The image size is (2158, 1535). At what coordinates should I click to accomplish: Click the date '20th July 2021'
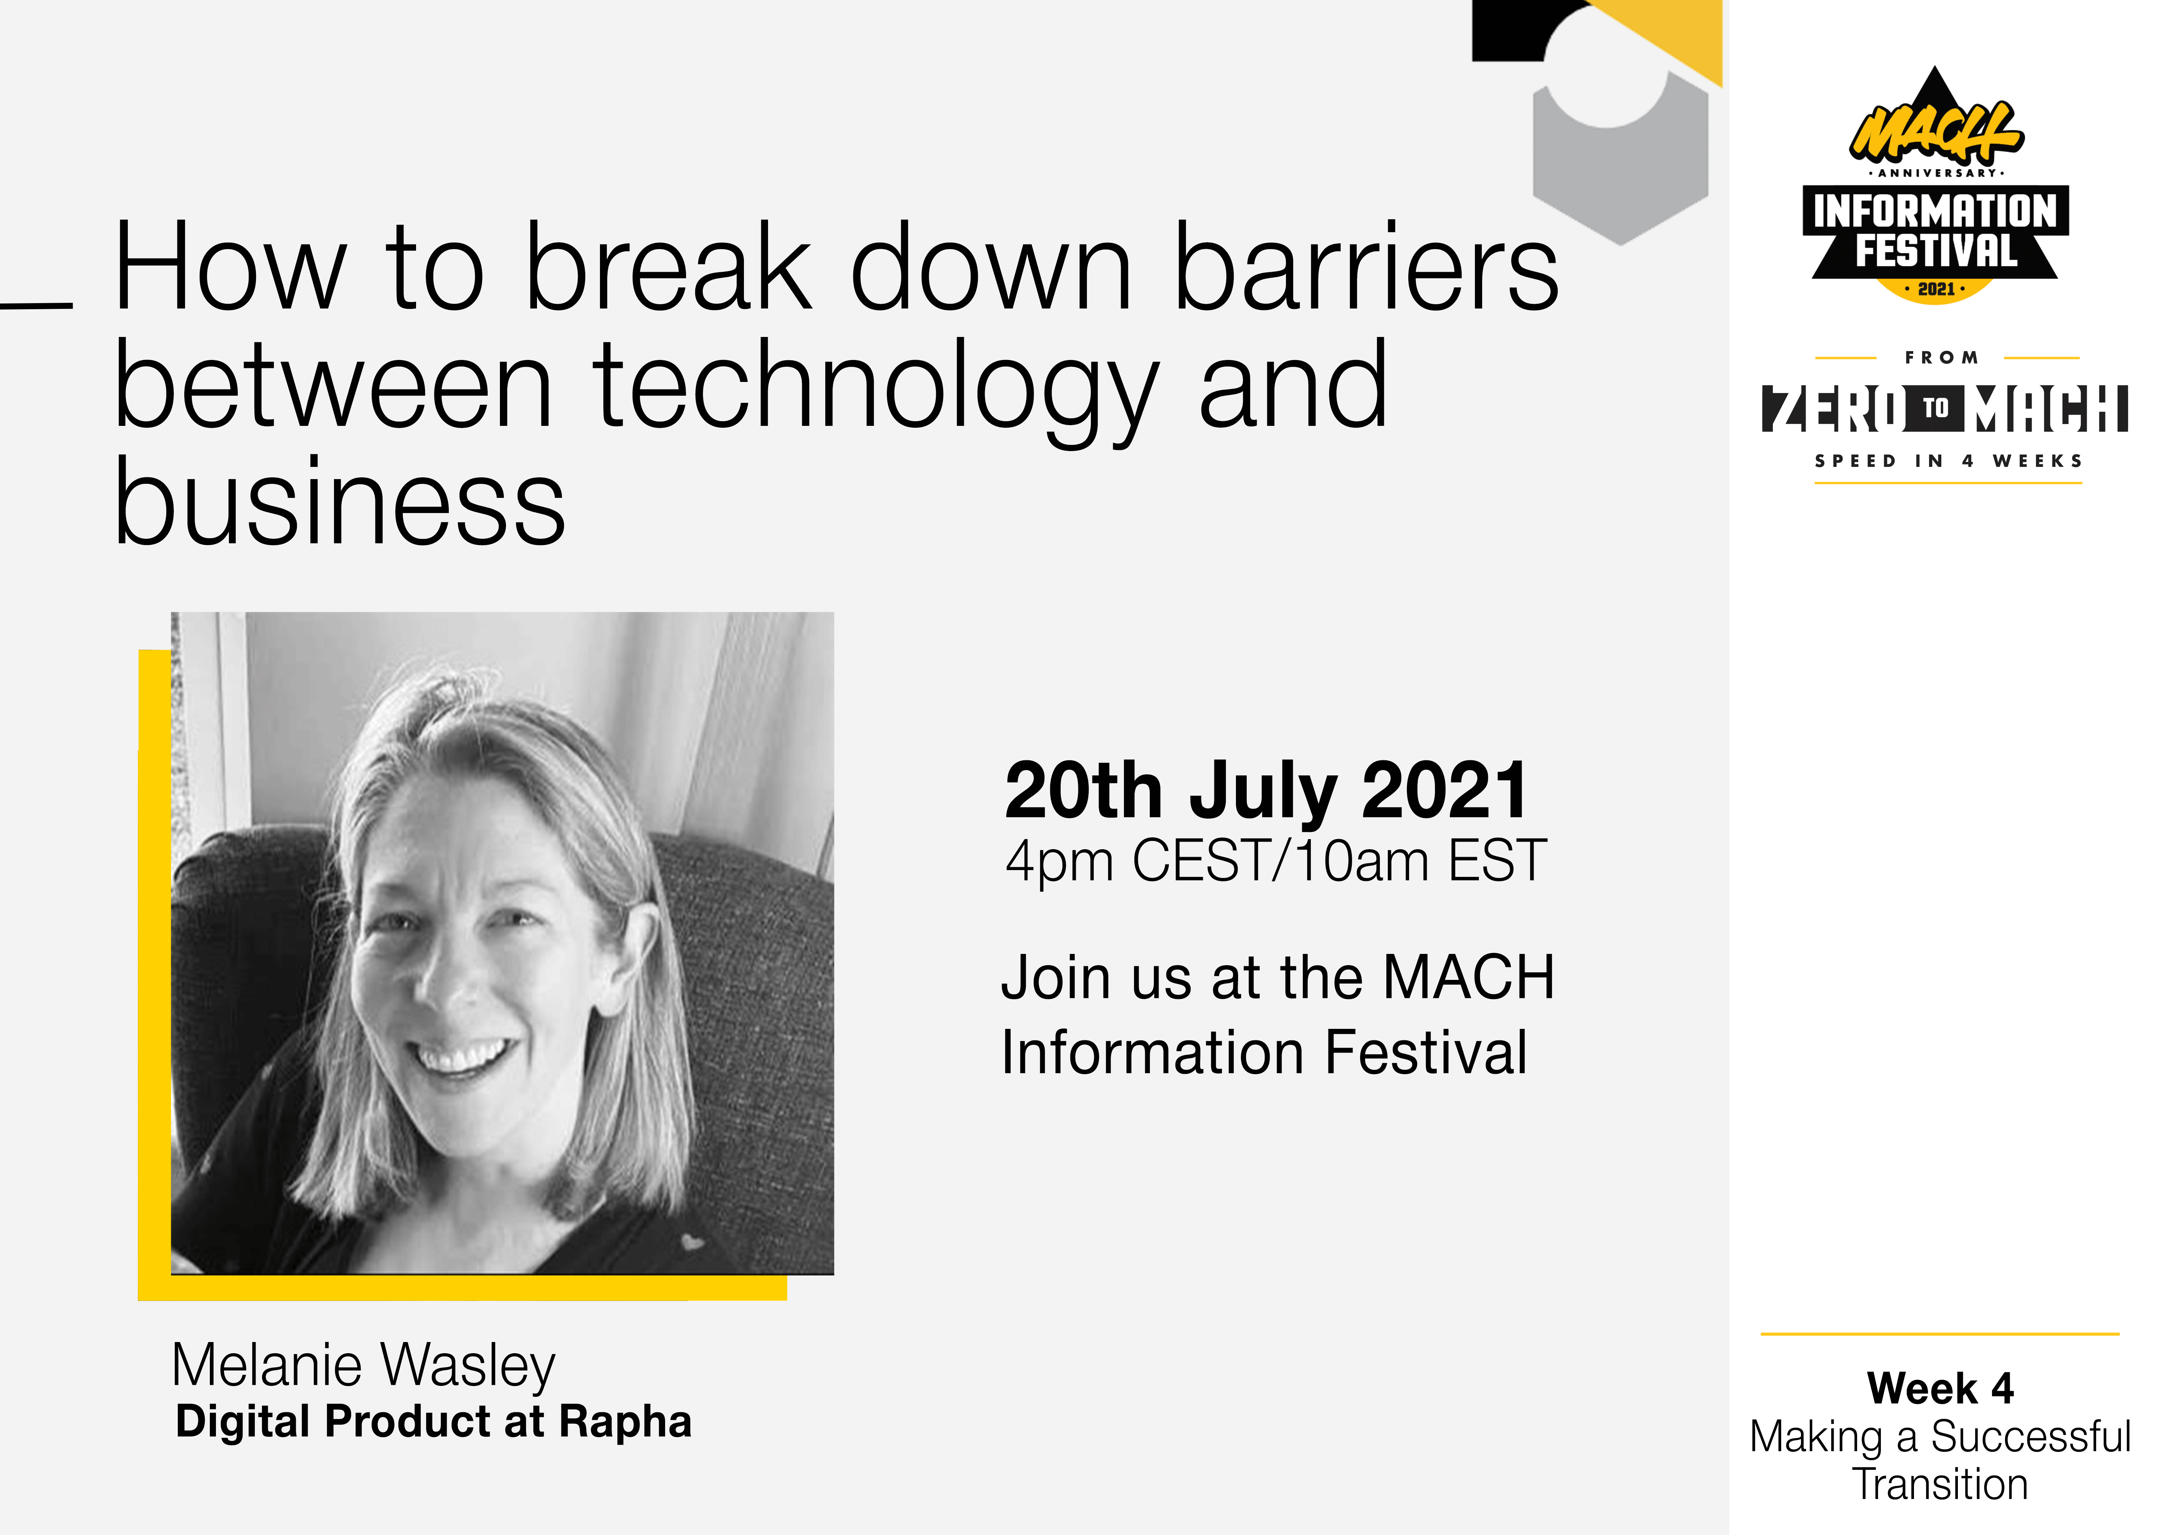coord(1266,791)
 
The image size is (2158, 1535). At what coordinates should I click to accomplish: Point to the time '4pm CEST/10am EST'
coord(1276,861)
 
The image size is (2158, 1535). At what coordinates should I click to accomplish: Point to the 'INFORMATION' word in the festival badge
coord(1935,211)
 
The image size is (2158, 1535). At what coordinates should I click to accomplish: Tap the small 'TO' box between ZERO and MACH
coord(1935,408)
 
